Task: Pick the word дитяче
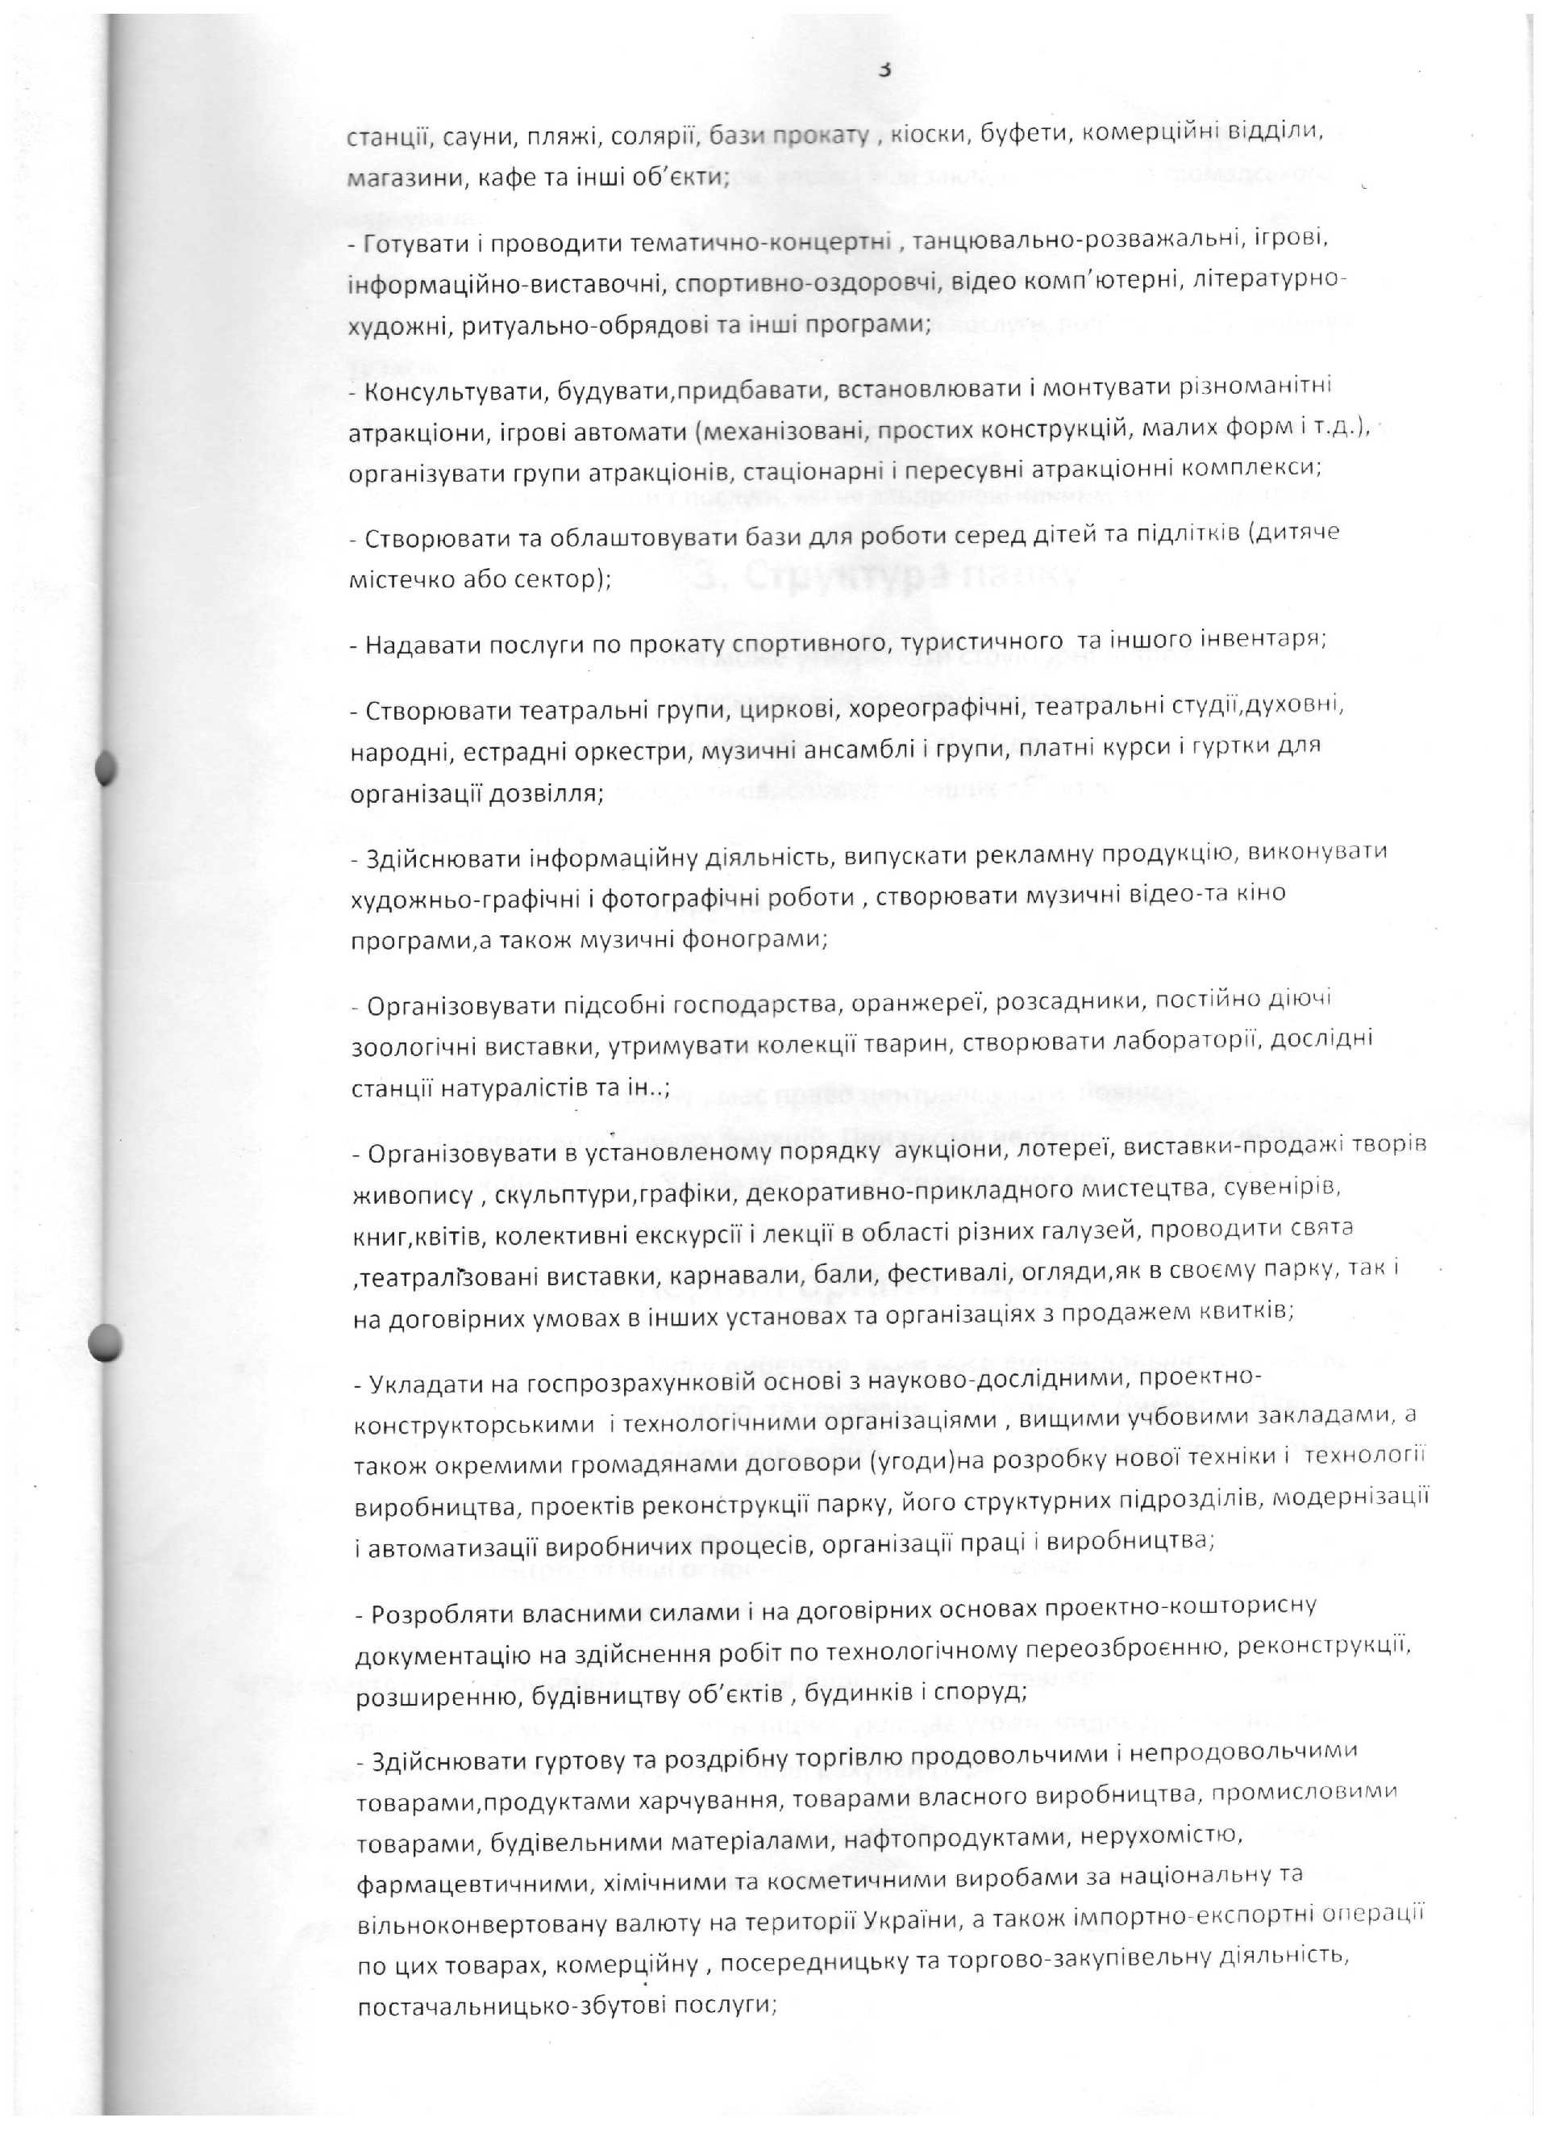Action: [1292, 532]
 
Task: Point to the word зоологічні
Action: [414, 1046]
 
